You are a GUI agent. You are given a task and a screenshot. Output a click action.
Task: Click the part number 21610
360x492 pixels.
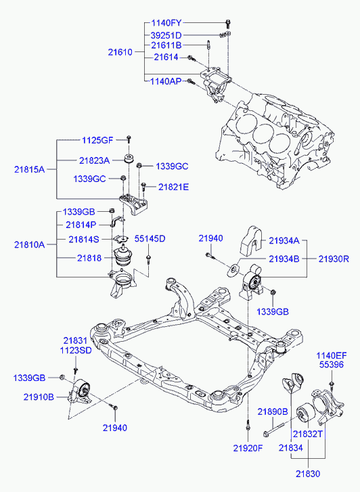click(120, 52)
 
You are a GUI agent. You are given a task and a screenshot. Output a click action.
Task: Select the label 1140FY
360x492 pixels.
click(166, 23)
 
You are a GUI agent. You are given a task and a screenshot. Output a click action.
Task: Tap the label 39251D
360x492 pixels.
click(166, 35)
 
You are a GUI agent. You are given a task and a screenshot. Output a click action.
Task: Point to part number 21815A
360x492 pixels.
click(30, 170)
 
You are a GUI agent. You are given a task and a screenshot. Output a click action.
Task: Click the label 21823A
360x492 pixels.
click(95, 161)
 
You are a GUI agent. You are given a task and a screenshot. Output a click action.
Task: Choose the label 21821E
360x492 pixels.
click(173, 187)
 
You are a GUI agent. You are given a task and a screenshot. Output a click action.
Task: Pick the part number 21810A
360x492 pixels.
click(30, 245)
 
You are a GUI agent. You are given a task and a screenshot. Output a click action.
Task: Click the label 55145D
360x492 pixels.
click(150, 239)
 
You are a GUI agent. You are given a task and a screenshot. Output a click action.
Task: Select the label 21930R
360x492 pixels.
click(334, 259)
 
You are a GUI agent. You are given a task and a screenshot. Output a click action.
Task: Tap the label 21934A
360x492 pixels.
click(284, 241)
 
